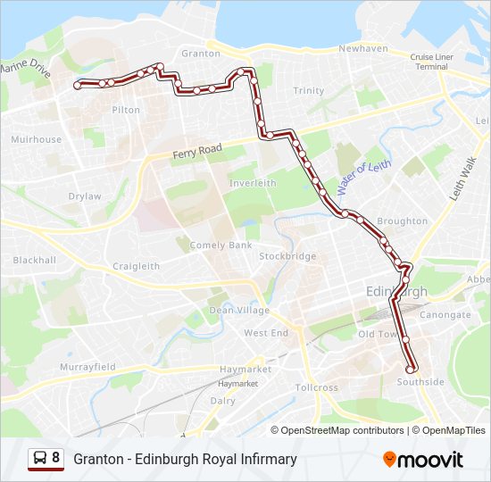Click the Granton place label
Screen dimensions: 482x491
(x=200, y=54)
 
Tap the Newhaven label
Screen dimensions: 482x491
(x=362, y=48)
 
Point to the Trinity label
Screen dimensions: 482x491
(x=309, y=91)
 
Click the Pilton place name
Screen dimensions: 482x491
(x=126, y=110)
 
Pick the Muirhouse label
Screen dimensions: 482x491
(x=37, y=139)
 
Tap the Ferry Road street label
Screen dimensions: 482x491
(x=196, y=152)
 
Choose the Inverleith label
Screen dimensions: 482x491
(x=253, y=183)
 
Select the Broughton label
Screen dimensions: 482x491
(x=402, y=221)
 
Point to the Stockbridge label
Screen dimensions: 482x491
(x=287, y=256)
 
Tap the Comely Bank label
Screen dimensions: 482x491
(x=220, y=245)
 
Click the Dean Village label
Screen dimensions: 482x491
(x=238, y=311)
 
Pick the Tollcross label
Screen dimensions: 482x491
(x=317, y=388)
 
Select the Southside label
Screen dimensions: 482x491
(x=420, y=382)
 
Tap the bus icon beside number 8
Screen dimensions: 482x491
(x=40, y=458)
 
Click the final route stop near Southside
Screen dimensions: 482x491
(x=411, y=369)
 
